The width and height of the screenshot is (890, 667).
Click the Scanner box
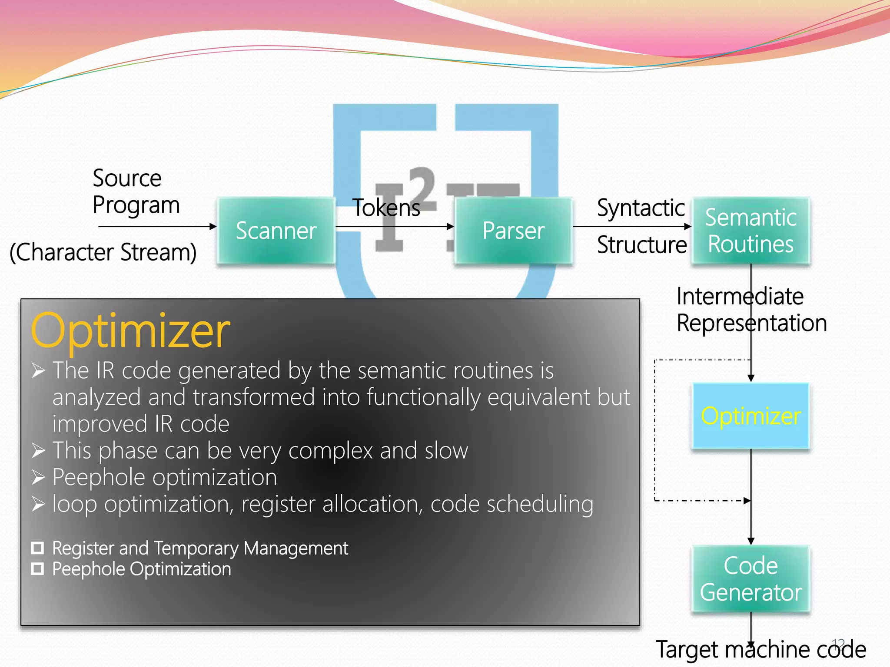coord(276,231)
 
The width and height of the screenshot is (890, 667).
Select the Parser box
coord(513,231)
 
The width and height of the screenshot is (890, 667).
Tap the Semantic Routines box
coord(751,231)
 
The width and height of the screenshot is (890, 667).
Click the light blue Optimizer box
coord(751,416)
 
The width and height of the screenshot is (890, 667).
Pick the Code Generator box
coord(751,578)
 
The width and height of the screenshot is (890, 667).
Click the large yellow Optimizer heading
coord(130,331)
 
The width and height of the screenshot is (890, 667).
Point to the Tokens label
coord(386,208)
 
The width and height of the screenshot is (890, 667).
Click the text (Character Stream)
coord(103,252)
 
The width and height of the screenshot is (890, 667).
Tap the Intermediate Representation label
coord(751,310)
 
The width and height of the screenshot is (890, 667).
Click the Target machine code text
coord(760,650)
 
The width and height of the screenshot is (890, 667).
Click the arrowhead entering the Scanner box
coord(213,226)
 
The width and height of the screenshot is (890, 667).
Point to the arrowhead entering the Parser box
coord(451,226)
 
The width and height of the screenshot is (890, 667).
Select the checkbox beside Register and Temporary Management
coord(38,548)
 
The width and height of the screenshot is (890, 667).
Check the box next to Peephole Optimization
coord(38,568)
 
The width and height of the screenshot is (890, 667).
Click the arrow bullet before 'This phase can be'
coord(38,451)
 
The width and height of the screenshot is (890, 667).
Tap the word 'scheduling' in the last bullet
coord(540,504)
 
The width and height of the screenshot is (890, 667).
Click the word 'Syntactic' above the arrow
coord(641,208)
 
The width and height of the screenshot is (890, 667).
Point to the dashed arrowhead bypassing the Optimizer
coord(747,501)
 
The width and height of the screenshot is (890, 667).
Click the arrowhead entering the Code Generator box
coord(751,541)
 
